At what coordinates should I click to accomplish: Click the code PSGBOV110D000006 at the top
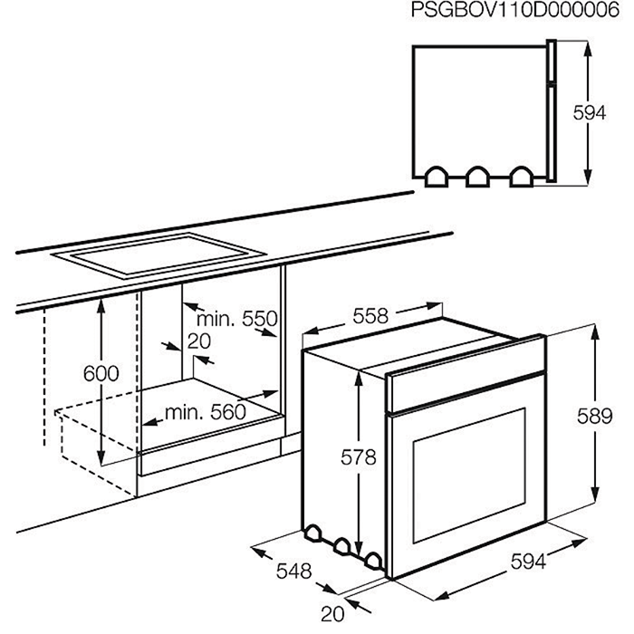click(514, 10)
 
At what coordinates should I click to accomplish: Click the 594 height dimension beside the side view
click(589, 113)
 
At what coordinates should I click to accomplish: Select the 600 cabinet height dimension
click(101, 373)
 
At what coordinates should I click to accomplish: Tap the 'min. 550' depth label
click(237, 319)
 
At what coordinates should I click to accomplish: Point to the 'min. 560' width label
click(206, 412)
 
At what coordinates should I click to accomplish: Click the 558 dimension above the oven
click(370, 316)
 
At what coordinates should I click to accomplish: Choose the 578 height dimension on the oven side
click(359, 457)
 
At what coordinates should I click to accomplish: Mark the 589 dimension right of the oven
click(595, 416)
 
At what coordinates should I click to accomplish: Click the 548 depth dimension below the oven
click(294, 572)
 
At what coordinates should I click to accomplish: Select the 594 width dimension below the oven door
click(528, 562)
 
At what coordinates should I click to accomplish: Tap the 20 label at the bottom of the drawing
click(332, 614)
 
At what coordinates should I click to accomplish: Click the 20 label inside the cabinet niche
click(199, 341)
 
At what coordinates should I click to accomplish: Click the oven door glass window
click(469, 475)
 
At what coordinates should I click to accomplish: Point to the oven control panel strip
click(466, 373)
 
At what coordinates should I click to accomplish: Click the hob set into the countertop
click(158, 255)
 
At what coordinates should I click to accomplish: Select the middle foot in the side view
click(478, 178)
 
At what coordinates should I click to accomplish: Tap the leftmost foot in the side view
click(437, 178)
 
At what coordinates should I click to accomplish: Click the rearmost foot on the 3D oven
click(312, 533)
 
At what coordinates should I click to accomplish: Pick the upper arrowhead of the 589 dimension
click(595, 333)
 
